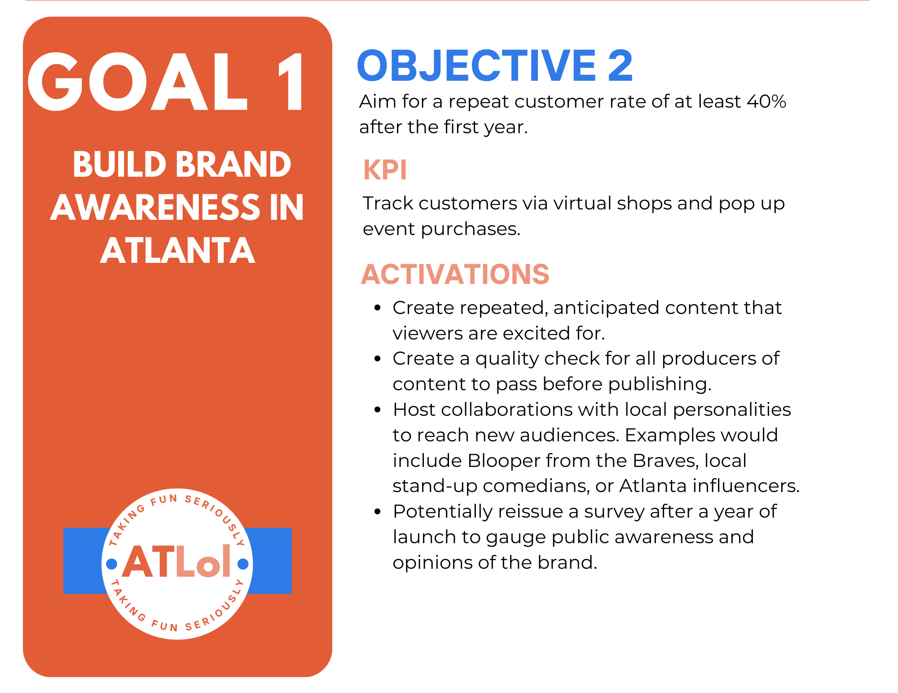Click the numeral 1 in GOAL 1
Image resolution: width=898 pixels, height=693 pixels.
pos(292,82)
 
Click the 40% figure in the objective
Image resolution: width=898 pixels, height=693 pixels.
pos(766,102)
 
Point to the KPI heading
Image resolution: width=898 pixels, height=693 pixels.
pos(385,170)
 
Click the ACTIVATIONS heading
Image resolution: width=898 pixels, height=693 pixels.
pos(455,274)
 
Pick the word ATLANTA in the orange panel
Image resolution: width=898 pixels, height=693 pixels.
pos(178,250)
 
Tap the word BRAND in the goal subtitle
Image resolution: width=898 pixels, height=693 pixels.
pos(233,164)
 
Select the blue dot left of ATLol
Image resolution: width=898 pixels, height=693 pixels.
pos(111,563)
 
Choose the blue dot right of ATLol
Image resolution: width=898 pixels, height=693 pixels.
pos(243,564)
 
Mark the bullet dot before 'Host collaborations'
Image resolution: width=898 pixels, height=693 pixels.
pos(378,410)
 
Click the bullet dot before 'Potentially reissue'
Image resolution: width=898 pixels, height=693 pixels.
pos(378,511)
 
